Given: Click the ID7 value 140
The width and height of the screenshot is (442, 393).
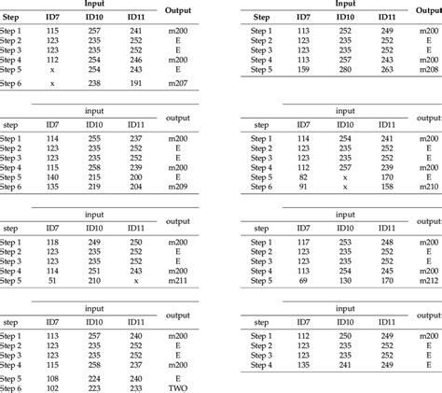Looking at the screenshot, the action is click(x=52, y=175).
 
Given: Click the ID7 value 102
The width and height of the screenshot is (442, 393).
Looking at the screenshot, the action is click(x=52, y=387).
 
